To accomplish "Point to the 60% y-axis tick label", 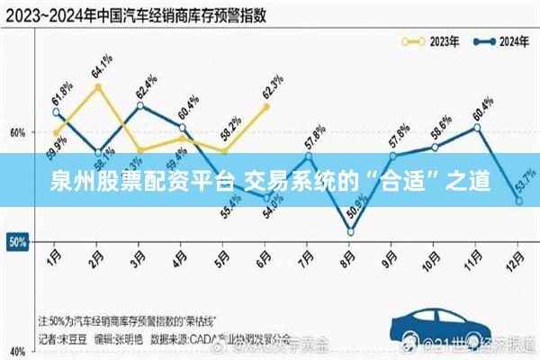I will point(16,132).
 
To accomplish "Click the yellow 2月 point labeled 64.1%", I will point(97,86).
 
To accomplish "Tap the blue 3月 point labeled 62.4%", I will point(140,105).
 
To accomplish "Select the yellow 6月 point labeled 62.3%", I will point(266,106).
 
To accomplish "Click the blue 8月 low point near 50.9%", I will point(350,232).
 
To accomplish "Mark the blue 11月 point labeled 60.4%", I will point(477,127).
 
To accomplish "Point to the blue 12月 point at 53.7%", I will point(519,202).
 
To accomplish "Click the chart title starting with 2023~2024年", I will point(126,15).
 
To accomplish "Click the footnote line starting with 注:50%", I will point(135,320).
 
